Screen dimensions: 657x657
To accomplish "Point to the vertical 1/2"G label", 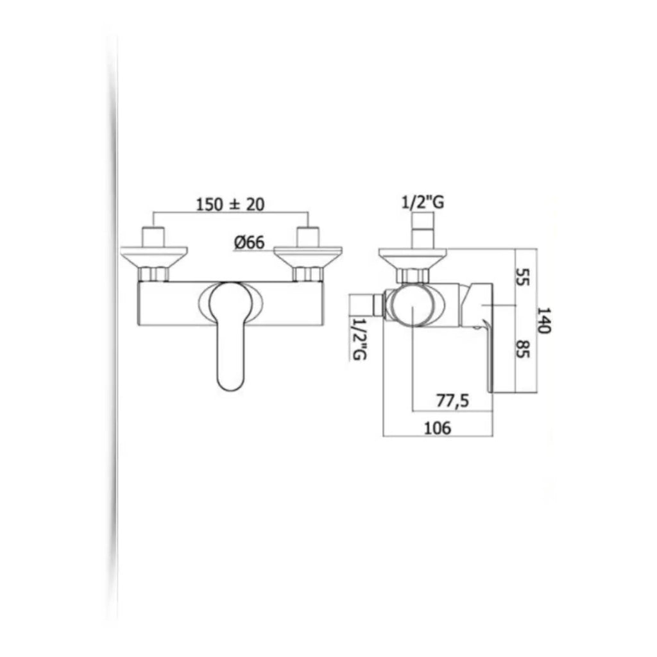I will [x=360, y=337].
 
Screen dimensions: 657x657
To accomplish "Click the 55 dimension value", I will [x=524, y=277].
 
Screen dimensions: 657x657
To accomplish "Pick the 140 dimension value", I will [x=544, y=319].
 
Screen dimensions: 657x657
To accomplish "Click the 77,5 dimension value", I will [x=453, y=401].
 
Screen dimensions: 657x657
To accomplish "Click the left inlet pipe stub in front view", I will [x=154, y=236].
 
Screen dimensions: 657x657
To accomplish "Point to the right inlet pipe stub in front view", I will [x=308, y=236].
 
